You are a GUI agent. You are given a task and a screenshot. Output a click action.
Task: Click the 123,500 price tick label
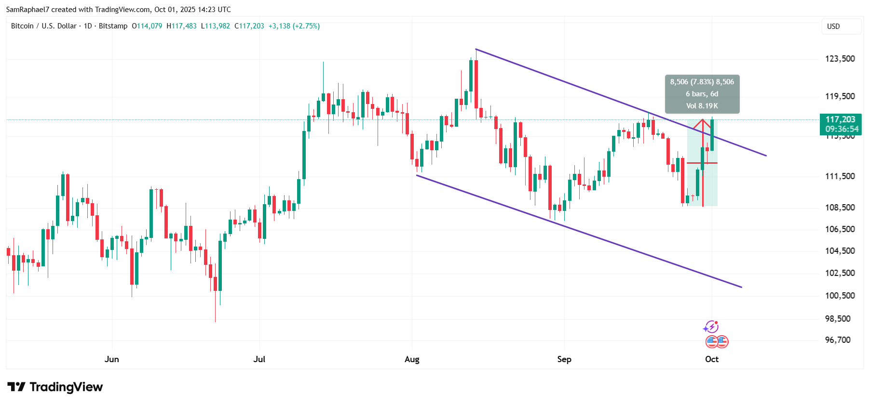840,59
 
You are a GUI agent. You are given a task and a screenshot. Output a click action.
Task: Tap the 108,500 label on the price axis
840,208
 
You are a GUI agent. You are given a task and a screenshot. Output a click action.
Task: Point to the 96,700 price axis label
838,340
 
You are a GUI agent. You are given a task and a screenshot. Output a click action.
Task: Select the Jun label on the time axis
111,359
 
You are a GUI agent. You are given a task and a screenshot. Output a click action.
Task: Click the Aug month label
412,359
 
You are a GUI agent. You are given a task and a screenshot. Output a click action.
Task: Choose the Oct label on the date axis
711,359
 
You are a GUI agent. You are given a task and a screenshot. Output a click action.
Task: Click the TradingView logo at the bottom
55,387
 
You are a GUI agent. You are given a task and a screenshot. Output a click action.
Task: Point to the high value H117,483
181,26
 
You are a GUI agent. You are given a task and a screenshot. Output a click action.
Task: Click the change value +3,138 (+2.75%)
294,26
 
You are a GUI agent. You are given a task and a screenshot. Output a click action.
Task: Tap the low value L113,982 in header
215,26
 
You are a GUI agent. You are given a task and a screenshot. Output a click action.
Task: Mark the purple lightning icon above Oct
711,327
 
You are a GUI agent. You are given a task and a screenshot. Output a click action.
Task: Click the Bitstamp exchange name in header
113,26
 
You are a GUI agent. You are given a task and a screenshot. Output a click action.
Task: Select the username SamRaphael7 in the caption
28,10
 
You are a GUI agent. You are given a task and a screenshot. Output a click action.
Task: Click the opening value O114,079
147,26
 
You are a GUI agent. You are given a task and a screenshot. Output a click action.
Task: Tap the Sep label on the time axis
564,359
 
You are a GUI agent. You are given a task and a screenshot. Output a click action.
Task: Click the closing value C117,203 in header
249,26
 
